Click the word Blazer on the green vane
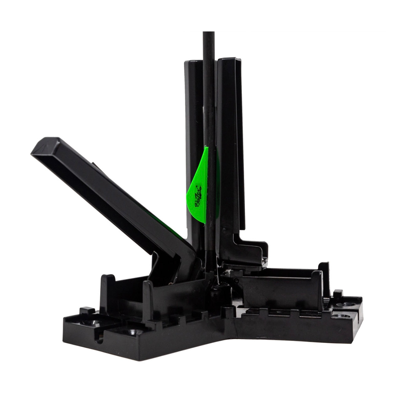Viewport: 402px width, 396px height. pyautogui.click(x=199, y=196)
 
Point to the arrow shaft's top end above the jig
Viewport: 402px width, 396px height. pyautogui.click(x=209, y=32)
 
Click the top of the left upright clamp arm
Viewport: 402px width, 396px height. pyautogui.click(x=193, y=62)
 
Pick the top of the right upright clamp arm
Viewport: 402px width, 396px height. pyautogui.click(x=229, y=60)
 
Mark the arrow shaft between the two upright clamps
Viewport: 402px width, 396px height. pyautogui.click(x=210, y=146)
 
